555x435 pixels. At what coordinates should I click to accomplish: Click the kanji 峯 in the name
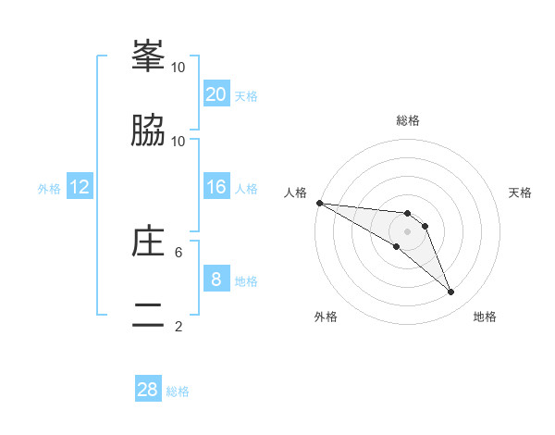coord(148,56)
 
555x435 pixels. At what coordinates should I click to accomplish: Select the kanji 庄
coord(148,241)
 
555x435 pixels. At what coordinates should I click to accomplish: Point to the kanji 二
coord(148,315)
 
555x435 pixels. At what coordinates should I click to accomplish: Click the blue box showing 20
coord(216,94)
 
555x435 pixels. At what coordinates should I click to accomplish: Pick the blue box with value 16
coord(216,187)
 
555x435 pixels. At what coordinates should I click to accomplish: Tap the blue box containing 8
coord(216,280)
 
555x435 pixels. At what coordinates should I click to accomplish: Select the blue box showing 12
coord(80,187)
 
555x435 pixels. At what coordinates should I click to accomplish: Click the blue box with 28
coord(148,390)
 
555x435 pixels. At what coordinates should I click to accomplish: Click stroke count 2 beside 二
coord(179,326)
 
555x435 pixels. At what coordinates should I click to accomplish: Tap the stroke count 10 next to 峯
coord(179,67)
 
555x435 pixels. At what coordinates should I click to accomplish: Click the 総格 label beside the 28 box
coord(178,391)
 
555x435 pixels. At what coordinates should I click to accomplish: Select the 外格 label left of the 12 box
coord(49,189)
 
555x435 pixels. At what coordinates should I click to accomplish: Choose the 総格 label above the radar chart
coord(407,120)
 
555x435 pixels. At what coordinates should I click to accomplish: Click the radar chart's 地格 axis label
coord(485,317)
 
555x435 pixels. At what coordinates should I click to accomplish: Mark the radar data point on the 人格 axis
coord(319,203)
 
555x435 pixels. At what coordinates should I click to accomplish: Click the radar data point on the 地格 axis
coord(451,292)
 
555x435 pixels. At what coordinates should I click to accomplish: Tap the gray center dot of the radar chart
coord(407,231)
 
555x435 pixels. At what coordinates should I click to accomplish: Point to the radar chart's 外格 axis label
coord(326,317)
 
